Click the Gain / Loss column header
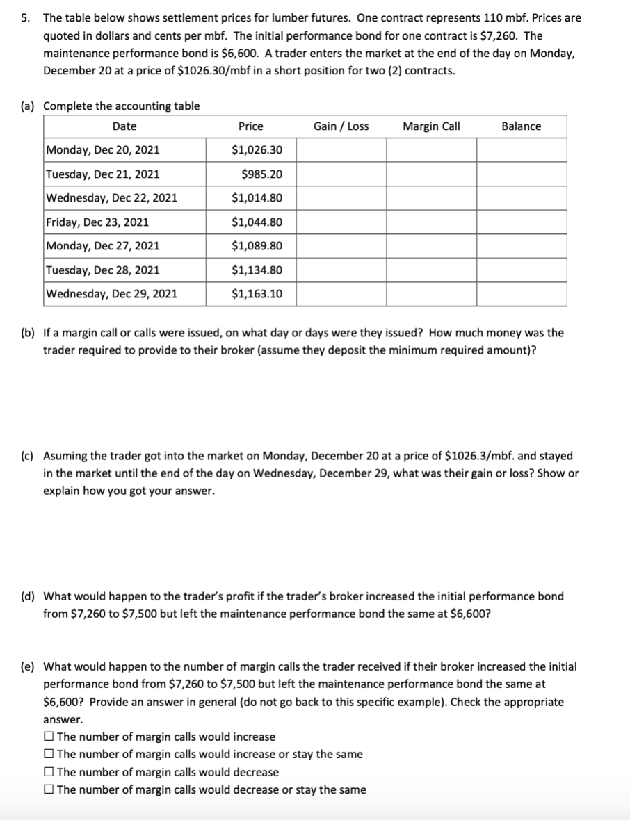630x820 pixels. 341,126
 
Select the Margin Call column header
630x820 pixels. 431,126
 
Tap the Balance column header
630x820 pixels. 521,126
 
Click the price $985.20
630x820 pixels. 261,174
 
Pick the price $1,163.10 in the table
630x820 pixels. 257,294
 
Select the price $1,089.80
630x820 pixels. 257,246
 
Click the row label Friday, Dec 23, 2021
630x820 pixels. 97,222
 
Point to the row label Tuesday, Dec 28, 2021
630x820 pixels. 102,270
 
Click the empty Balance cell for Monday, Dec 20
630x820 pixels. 521,150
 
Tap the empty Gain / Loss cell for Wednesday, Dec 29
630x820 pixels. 341,294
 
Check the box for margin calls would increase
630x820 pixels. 49,737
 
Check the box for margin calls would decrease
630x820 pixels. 49,772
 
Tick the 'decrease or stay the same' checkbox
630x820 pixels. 49,790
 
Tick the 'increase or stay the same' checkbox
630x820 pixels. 49,755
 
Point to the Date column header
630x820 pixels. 124,126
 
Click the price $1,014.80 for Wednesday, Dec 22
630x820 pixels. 257,198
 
